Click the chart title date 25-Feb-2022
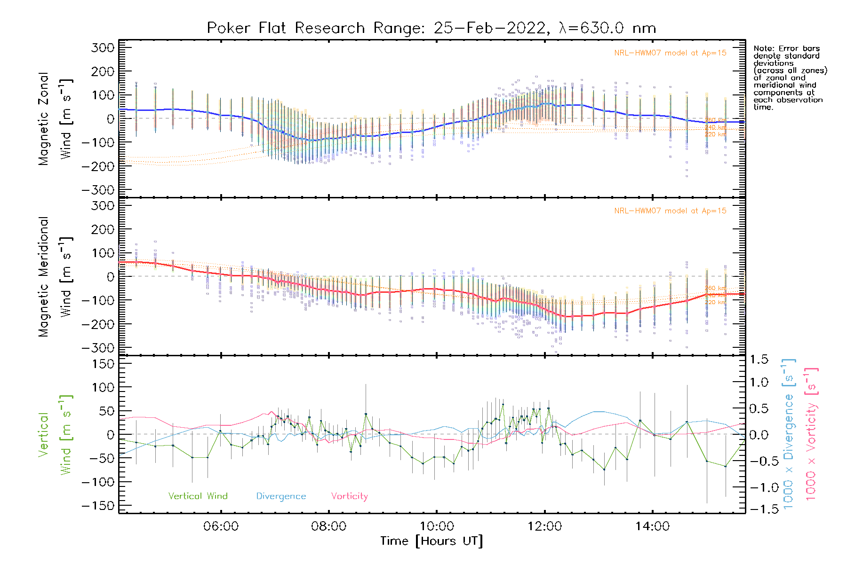click(489, 28)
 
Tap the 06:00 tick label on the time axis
click(221, 526)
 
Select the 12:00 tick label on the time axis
click(544, 526)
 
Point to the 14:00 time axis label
click(652, 526)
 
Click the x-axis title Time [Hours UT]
click(431, 541)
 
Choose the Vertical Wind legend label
click(198, 496)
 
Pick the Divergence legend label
click(281, 496)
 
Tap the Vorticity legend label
click(349, 496)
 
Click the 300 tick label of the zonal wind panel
click(103, 47)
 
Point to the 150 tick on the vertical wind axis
click(103, 364)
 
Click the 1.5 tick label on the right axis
click(759, 360)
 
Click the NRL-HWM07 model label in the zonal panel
click(670, 53)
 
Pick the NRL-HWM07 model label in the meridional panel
click(670, 211)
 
